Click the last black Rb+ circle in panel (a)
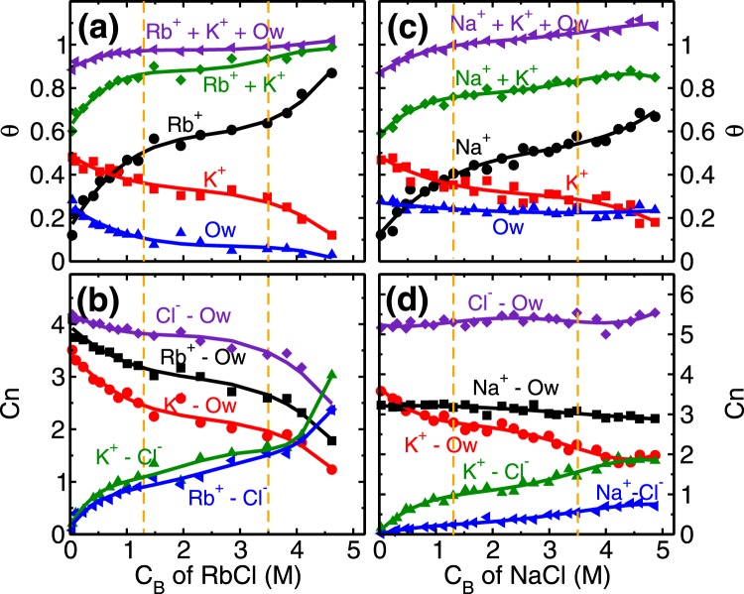[331, 73]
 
